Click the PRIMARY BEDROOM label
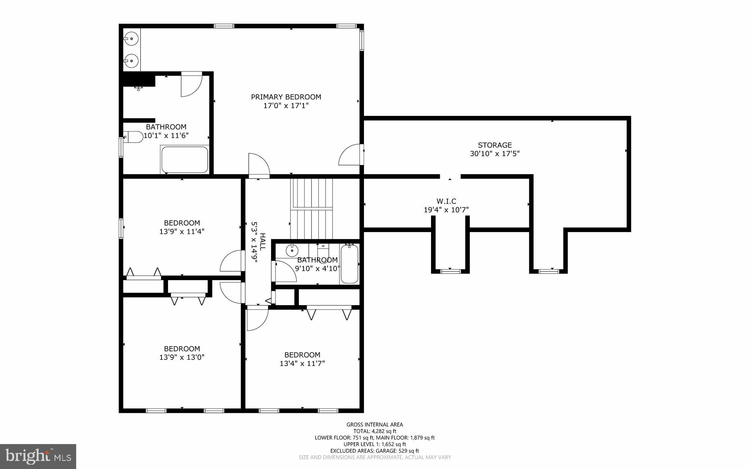point(286,97)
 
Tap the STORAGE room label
point(494,145)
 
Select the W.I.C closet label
point(446,201)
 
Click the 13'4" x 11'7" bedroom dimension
point(302,364)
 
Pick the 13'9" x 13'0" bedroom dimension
point(182,358)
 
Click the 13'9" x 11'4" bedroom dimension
point(182,232)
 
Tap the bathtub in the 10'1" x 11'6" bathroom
point(185,160)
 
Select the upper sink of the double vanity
point(131,38)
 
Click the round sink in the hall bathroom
point(292,251)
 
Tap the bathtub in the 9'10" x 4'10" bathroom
point(349,264)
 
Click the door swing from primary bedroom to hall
point(259,166)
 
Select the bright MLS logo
point(38,456)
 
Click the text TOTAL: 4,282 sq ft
point(375,431)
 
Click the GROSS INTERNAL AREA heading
point(375,425)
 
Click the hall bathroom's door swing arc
point(286,271)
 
